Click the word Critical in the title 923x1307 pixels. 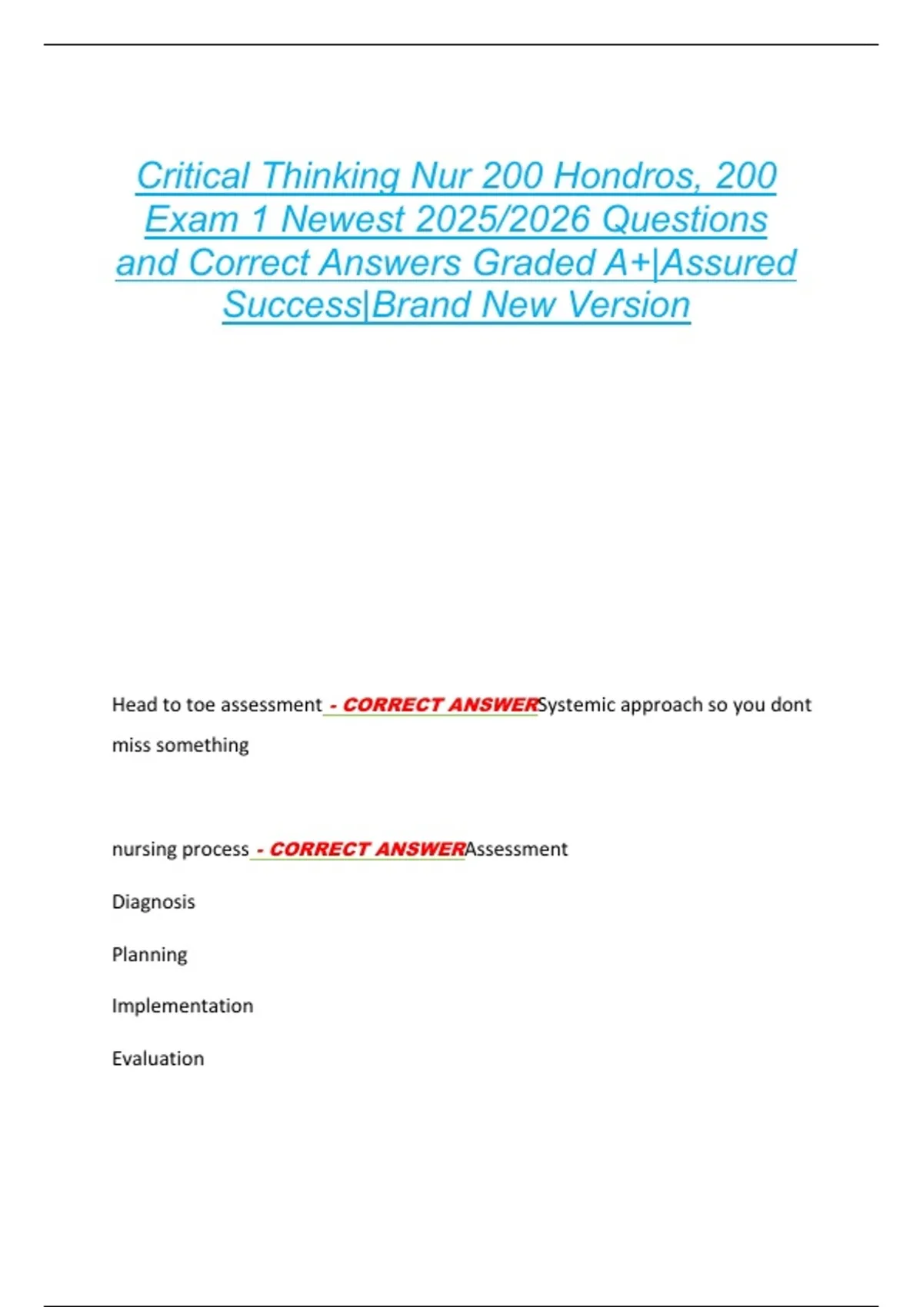click(x=193, y=176)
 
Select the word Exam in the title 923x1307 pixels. click(x=191, y=220)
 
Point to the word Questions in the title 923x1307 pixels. click(x=685, y=220)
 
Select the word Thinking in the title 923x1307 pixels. click(x=331, y=176)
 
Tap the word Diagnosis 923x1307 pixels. click(x=154, y=902)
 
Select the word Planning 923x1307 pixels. click(x=150, y=955)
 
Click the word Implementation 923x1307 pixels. click(x=182, y=1006)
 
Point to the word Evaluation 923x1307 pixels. click(x=158, y=1059)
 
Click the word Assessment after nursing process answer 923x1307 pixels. click(x=517, y=850)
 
